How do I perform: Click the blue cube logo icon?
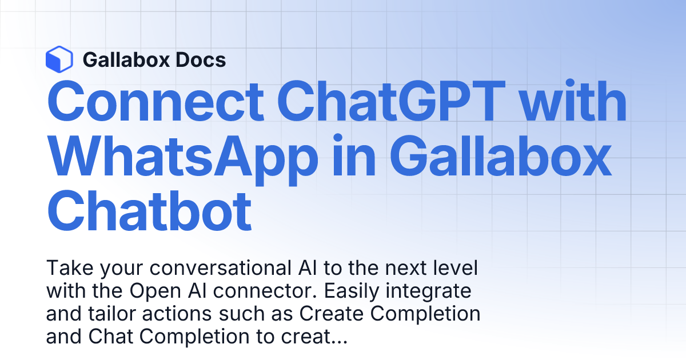(59, 59)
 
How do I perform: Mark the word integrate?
(437, 291)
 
